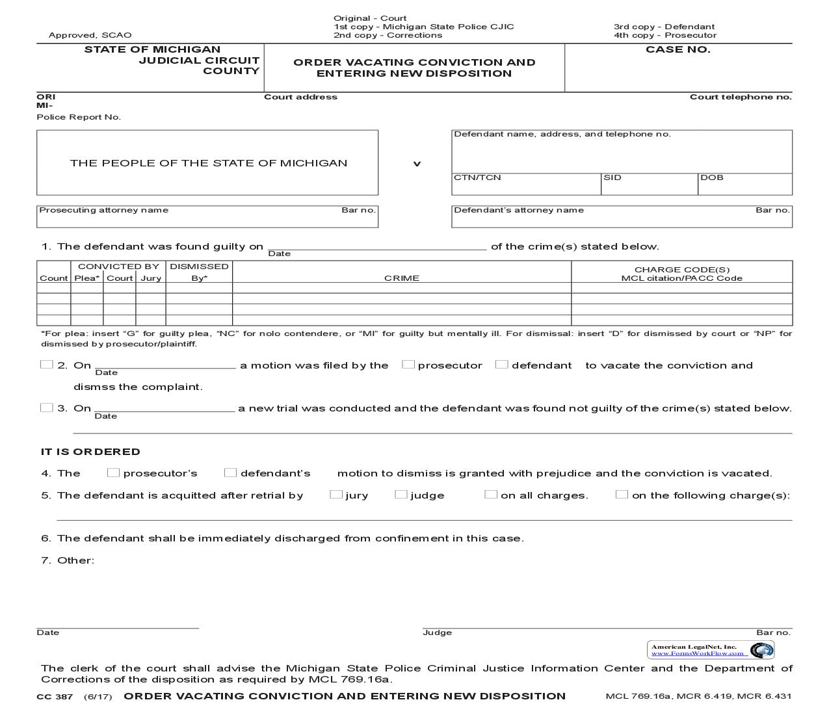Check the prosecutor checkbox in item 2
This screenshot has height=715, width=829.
tap(408, 365)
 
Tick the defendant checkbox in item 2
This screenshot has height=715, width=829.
tap(501, 365)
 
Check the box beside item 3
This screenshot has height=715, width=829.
tap(46, 408)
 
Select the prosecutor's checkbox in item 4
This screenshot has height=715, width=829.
tap(113, 473)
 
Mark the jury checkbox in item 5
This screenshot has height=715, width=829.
tap(336, 495)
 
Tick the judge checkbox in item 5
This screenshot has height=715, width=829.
tap(401, 495)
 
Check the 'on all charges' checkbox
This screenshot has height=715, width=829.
tap(490, 495)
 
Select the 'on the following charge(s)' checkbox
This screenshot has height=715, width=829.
tap(622, 495)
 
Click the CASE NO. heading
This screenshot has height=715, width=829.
tap(678, 49)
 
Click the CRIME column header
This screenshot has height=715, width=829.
tap(402, 278)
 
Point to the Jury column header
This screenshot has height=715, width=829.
tap(151, 278)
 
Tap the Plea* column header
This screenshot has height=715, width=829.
tap(87, 278)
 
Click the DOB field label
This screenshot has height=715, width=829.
tap(712, 177)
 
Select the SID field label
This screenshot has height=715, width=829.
tap(612, 177)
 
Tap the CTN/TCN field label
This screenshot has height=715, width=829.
tap(477, 177)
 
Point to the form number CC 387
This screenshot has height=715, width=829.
tap(55, 697)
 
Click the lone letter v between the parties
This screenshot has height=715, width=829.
tap(417, 164)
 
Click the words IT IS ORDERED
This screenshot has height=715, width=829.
tap(90, 452)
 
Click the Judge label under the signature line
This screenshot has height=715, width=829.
tap(437, 632)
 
